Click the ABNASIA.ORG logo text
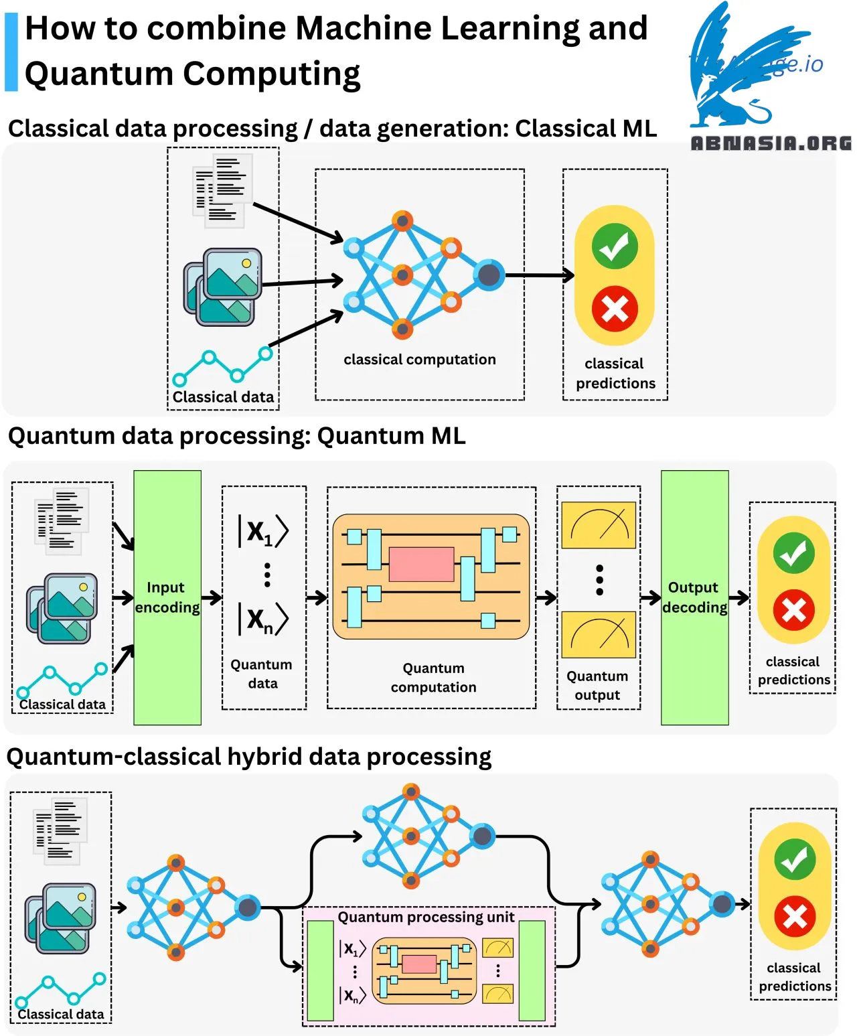[x=771, y=143]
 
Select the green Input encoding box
[x=167, y=597]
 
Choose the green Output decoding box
[x=694, y=597]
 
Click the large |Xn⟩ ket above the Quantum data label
[x=263, y=619]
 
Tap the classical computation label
[x=420, y=360]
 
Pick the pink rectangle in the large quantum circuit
[x=421, y=564]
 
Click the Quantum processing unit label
[x=426, y=917]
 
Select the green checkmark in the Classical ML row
[x=614, y=246]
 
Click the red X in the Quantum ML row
[x=793, y=610]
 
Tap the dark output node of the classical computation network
[x=489, y=275]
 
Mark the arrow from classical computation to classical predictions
[x=540, y=275]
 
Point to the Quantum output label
[x=597, y=686]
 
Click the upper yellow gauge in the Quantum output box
[x=599, y=525]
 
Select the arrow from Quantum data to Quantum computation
[x=317, y=597]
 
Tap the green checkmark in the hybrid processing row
[x=795, y=859]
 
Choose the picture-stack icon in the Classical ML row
[x=223, y=287]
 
